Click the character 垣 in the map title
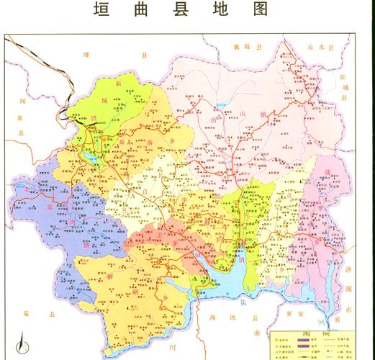[103, 10]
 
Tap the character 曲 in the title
[144, 10]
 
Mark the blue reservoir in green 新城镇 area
[89, 155]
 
